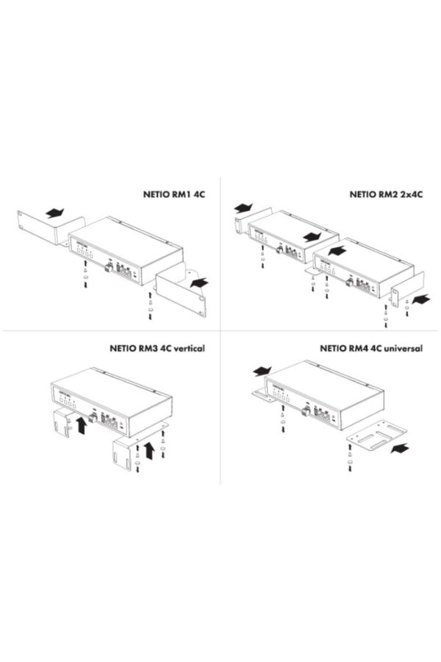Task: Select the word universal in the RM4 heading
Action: coord(403,348)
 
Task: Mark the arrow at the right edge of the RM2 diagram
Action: coord(420,299)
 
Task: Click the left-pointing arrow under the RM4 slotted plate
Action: coord(403,446)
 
